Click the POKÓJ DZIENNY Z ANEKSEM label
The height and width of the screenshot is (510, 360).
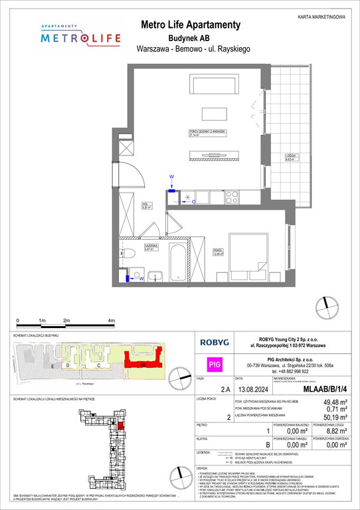pyautogui.click(x=204, y=133)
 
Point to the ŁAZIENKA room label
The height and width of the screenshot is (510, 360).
pyautogui.click(x=131, y=248)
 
